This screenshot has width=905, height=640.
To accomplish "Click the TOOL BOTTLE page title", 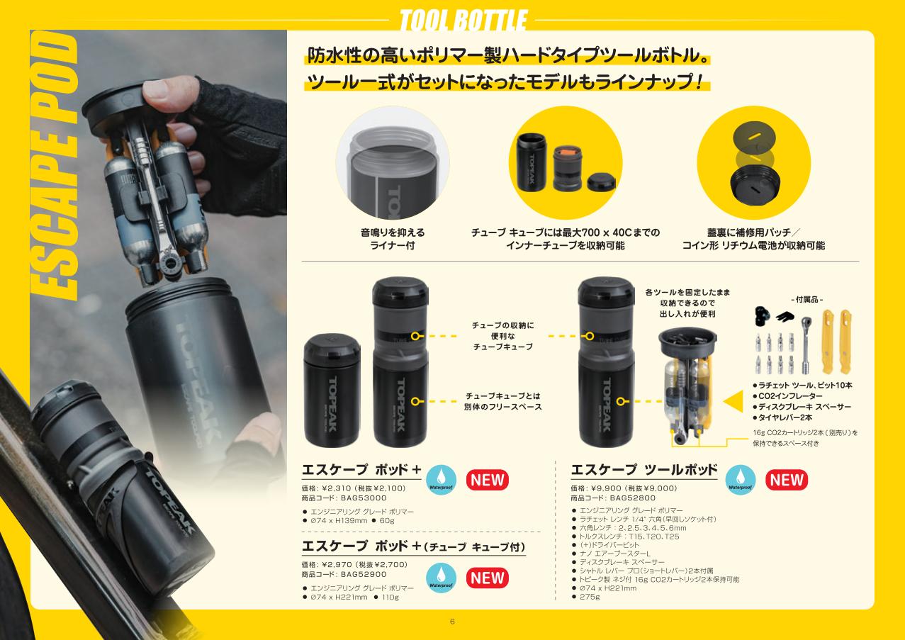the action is tap(463, 20).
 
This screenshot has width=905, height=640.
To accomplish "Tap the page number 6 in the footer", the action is tap(452, 622).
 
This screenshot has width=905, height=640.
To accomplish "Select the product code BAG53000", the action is tap(364, 498).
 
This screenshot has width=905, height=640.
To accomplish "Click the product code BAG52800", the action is tap(633, 498).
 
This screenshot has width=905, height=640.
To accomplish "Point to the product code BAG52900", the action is tap(364, 574).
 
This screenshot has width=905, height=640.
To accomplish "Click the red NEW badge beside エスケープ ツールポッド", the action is tap(786, 480).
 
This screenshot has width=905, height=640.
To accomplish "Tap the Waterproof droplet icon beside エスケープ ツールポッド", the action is tap(740, 480).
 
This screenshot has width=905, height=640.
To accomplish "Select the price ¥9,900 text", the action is tap(605, 488).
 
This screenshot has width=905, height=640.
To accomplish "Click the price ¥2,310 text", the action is tap(336, 488).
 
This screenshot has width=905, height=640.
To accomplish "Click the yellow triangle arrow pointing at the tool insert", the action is tap(733, 401).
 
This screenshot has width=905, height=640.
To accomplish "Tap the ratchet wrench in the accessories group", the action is tap(806, 345).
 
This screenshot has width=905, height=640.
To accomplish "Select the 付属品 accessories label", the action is tap(806, 299).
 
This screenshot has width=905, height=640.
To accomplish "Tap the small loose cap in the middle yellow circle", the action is tap(601, 182).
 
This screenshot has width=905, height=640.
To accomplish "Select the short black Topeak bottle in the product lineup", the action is tap(332, 391).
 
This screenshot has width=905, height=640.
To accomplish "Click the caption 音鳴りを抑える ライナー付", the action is tap(393, 239).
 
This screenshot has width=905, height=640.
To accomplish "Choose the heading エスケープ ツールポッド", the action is tap(644, 469).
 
